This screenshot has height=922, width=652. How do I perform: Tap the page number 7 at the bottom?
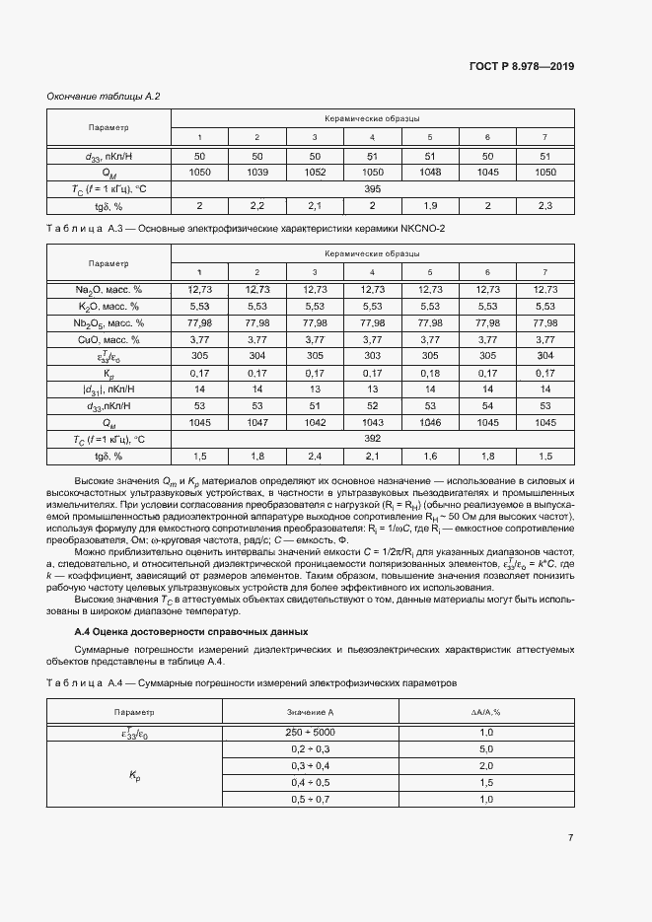tap(570, 838)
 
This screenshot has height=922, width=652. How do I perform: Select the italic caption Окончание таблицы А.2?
tap(104, 96)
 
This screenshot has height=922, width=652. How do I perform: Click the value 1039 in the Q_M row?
tap(256, 172)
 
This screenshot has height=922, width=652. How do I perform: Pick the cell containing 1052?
tap(315, 172)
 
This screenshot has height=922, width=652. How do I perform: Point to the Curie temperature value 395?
tap(372, 188)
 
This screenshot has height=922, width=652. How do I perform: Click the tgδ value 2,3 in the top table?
tap(545, 205)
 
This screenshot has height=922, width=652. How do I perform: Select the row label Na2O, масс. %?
tap(109, 289)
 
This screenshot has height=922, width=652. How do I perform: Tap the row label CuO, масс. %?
tap(109, 339)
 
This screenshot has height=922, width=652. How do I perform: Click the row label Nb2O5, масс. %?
tap(109, 322)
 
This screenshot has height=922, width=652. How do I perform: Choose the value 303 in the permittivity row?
tap(372, 356)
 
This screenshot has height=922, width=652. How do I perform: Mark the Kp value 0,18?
tap(430, 374)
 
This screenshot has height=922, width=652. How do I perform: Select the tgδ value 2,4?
tap(315, 457)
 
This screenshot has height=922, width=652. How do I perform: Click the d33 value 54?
tap(487, 406)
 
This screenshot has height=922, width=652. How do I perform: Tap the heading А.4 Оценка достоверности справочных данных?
tap(192, 630)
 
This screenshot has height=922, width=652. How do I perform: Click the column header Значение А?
tap(312, 711)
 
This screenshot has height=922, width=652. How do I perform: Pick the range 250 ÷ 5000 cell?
tap(312, 732)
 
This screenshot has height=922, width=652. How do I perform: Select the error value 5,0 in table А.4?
tap(486, 748)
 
